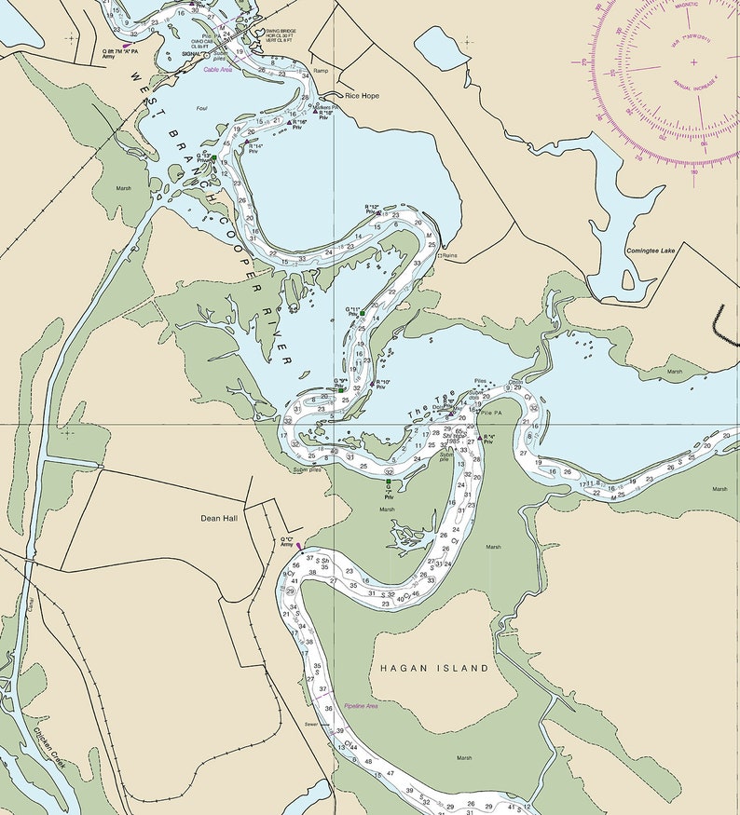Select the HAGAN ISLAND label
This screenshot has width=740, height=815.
pos(433,669)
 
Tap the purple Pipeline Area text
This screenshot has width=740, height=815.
pos(361,706)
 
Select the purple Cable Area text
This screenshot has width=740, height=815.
pos(219,69)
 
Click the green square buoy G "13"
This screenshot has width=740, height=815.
pos(213,158)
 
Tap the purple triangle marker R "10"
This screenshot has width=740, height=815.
pos(373,383)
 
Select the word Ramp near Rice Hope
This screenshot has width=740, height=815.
pos(322,71)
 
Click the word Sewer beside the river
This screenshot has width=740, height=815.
pos(311,724)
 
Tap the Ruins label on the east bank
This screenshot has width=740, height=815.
pos(450,254)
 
